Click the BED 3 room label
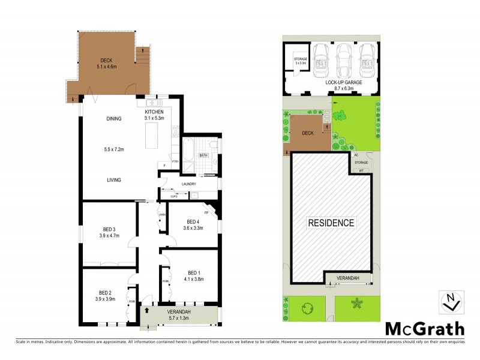(109, 229)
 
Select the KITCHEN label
(155, 112)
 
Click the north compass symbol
(451, 302)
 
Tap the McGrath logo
(424, 328)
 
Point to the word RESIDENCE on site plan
(331, 223)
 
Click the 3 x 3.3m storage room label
(301, 62)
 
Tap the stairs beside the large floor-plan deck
(142, 58)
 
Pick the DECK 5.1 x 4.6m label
(106, 63)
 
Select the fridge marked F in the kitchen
(164, 165)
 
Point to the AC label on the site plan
(356, 155)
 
